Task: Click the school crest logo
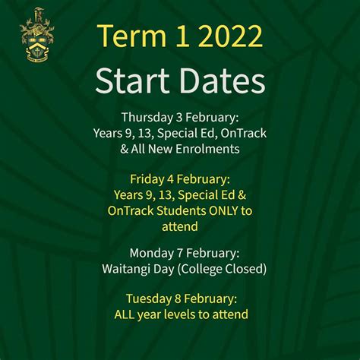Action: pos(36,35)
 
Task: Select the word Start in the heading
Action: pos(132,81)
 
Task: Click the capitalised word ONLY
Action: pos(223,210)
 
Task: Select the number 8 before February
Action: pos(177,298)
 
